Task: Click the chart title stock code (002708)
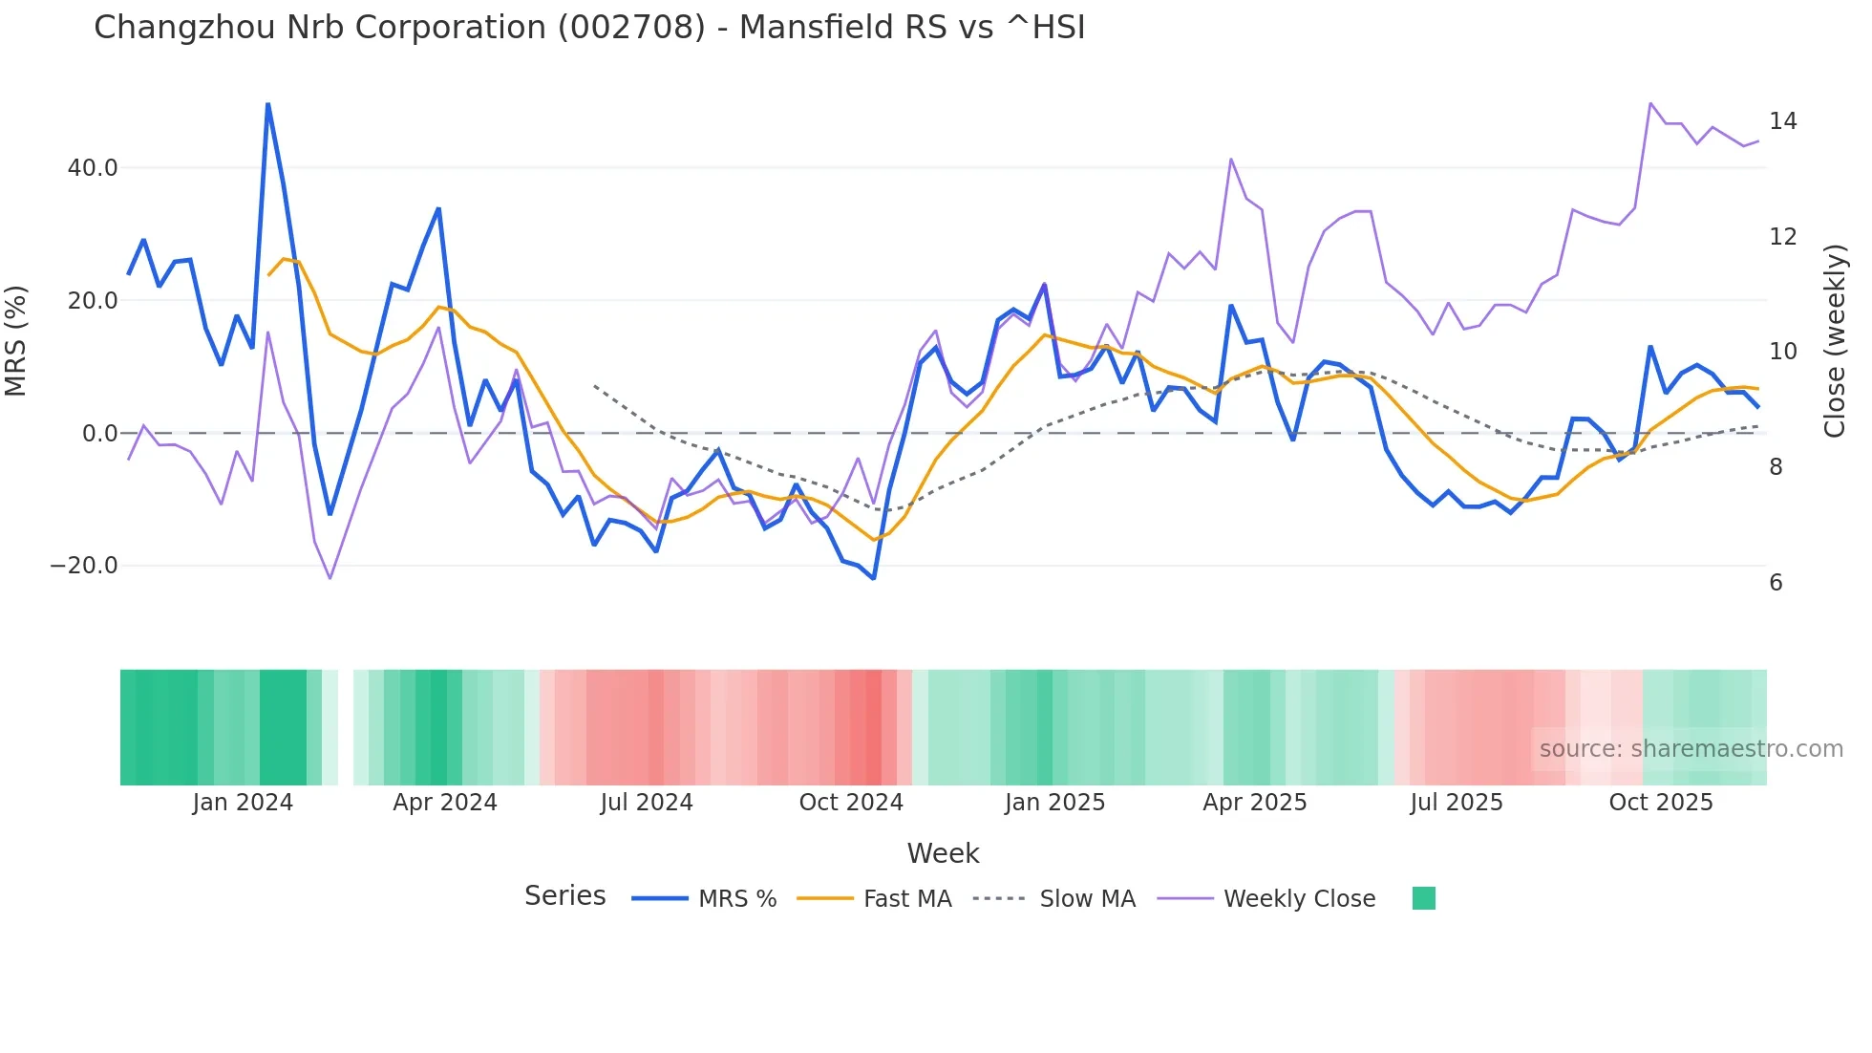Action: click(x=631, y=28)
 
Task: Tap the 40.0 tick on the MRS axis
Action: click(x=92, y=168)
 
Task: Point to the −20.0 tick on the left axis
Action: click(x=84, y=566)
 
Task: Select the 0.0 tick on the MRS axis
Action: click(x=99, y=434)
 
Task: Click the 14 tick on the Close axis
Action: click(x=1782, y=121)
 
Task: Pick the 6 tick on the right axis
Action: click(x=1776, y=583)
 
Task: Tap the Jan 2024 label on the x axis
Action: click(x=243, y=803)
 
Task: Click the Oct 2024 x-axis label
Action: click(x=851, y=803)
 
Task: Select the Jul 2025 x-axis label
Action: click(x=1457, y=803)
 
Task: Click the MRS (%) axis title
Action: click(x=16, y=341)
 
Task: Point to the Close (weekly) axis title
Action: click(x=1835, y=341)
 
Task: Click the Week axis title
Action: click(x=943, y=853)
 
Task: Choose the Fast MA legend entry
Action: click(x=906, y=899)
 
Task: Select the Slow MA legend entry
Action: click(x=1087, y=899)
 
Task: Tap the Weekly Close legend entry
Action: click(x=1299, y=899)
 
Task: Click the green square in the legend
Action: click(x=1423, y=899)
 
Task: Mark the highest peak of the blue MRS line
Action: click(x=267, y=104)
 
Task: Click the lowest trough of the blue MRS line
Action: click(x=873, y=578)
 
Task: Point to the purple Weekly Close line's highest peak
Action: click(x=1650, y=103)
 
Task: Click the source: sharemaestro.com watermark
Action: click(x=1691, y=749)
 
